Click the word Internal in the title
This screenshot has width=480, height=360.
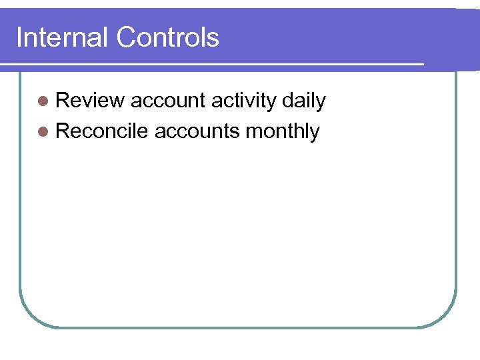pos(62,38)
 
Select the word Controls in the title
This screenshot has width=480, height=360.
pos(167,38)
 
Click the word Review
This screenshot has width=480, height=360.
pos(90,101)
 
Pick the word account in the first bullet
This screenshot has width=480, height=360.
pos(167,101)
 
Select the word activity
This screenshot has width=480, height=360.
pos(243,101)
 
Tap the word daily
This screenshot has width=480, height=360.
pos(303,101)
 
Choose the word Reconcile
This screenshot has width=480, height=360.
pos(101,131)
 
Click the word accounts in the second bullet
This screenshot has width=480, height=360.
pos(197,131)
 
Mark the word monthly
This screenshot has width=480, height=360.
pos(283,131)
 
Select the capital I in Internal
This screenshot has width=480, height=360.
pos(19,38)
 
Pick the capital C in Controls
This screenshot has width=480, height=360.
pos(125,38)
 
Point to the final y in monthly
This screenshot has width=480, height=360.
pos(315,133)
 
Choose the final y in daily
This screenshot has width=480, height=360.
pos(321,103)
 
